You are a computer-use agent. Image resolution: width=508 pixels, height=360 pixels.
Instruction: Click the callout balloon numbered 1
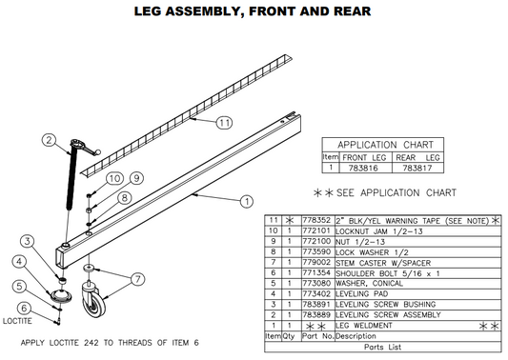246,201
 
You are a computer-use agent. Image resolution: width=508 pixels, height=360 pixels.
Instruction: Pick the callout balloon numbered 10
113,178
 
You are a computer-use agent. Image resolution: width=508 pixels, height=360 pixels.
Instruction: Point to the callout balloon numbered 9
136,178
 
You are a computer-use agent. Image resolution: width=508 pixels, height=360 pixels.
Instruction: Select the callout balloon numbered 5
19,285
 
